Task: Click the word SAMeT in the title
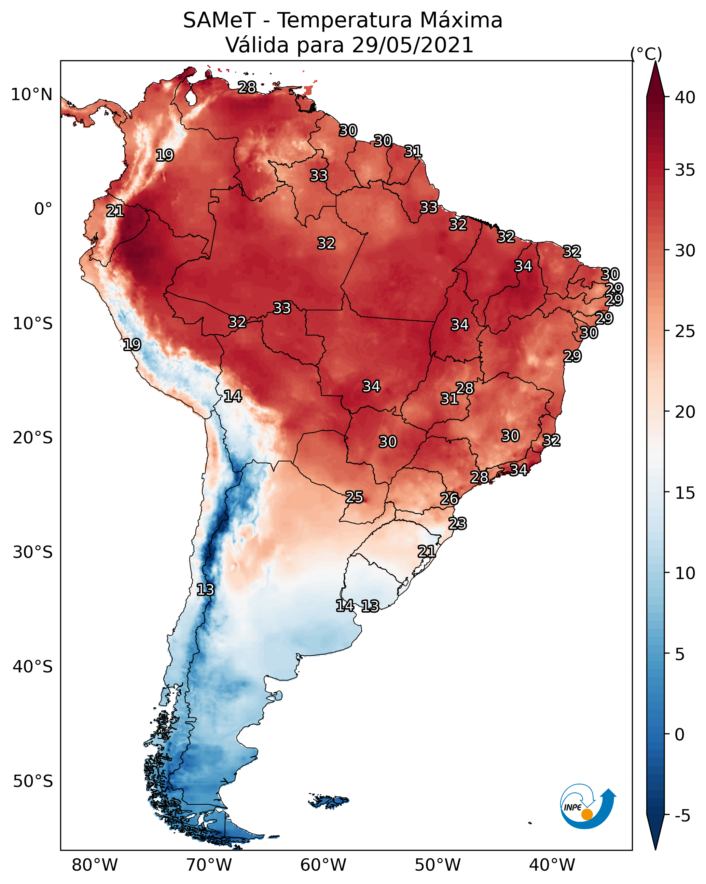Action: point(219,21)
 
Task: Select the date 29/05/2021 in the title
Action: point(412,45)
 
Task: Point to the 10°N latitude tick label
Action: point(31,95)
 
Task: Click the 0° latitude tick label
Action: point(43,209)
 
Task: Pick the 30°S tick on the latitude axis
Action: point(33,552)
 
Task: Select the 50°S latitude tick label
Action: point(33,781)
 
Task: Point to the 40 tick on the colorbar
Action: point(685,97)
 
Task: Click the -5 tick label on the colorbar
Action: point(682,816)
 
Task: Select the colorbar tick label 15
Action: point(685,493)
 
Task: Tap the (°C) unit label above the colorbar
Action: point(646,54)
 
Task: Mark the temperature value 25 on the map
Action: point(354,497)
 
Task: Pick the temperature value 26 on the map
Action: point(449,499)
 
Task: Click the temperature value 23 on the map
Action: point(457,524)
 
